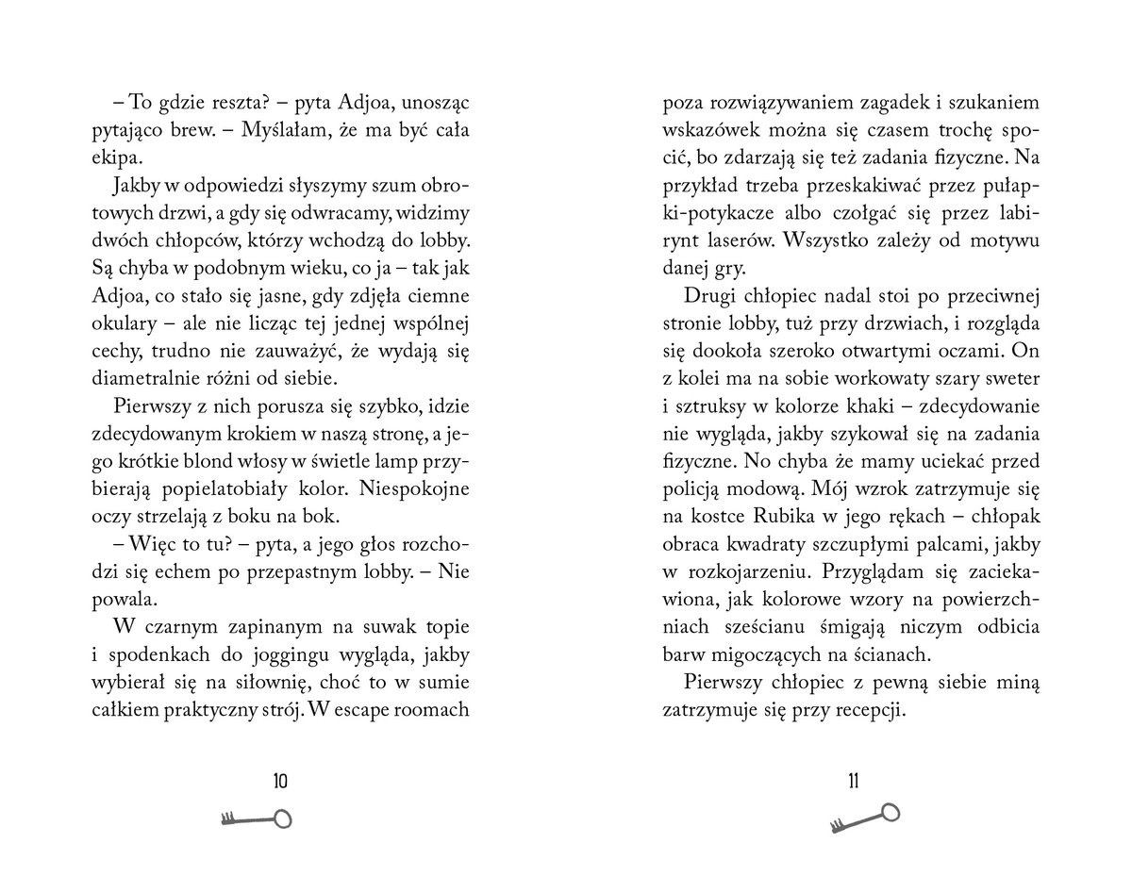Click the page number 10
pos(279,781)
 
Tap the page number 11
pos(853,781)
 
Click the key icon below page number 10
pos(256,819)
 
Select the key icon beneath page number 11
pos(864,817)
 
